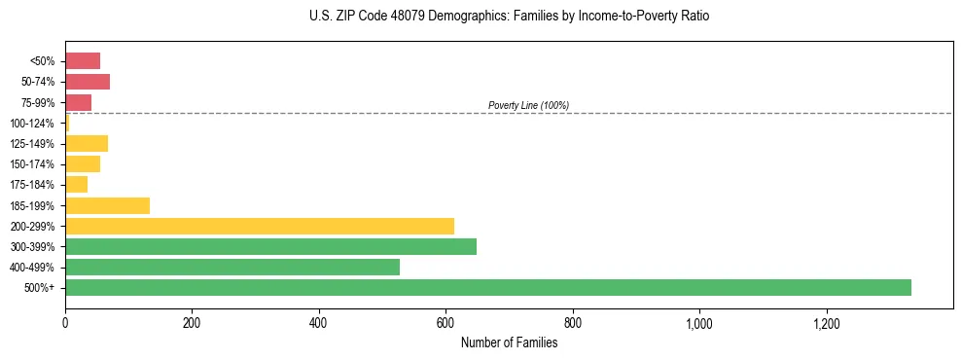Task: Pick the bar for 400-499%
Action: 232,267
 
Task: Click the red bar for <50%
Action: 83,61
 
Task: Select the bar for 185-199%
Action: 107,205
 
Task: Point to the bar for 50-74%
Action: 88,82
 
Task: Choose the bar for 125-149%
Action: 87,144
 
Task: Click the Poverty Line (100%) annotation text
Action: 528,105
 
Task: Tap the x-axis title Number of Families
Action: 509,342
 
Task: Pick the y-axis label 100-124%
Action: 32,124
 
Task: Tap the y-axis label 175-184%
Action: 32,185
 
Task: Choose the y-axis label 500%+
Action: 39,288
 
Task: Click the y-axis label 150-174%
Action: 32,164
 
